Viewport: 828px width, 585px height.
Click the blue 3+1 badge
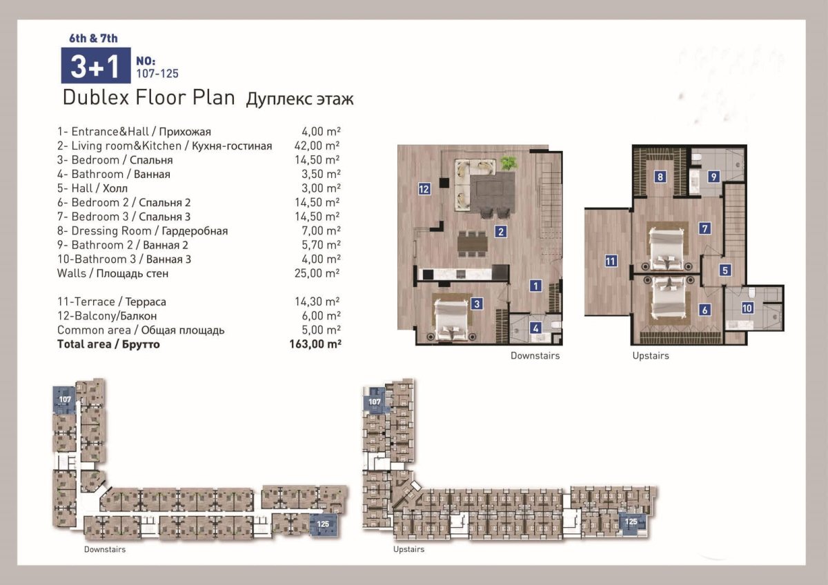click(96, 66)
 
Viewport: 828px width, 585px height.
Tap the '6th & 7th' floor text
click(94, 39)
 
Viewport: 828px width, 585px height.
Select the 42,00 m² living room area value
click(317, 146)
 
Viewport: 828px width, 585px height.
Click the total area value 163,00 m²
click(315, 344)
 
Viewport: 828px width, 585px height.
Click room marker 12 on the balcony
click(424, 189)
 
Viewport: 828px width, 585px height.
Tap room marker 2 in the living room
click(501, 232)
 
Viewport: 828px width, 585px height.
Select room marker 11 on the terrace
click(610, 261)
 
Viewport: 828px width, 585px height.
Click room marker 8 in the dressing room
click(660, 177)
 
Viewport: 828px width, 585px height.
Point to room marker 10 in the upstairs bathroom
click(747, 308)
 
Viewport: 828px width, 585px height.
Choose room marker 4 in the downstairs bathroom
click(535, 328)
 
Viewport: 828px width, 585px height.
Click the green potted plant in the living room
click(509, 163)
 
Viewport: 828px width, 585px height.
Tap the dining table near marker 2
click(473, 243)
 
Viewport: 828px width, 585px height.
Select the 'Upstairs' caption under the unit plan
click(651, 355)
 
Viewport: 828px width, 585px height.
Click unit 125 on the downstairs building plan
click(323, 524)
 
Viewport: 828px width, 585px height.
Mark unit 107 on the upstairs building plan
click(375, 401)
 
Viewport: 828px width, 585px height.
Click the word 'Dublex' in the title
click(96, 97)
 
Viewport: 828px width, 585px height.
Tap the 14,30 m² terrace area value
click(317, 301)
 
